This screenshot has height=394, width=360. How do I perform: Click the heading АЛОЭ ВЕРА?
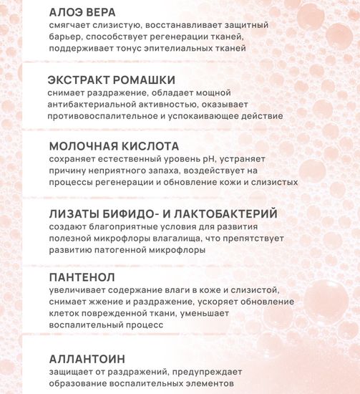point(82,12)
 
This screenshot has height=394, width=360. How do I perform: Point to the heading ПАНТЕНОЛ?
point(79,277)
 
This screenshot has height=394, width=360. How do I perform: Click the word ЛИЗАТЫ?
point(74,213)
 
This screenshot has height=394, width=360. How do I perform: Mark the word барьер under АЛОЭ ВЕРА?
point(66,37)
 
